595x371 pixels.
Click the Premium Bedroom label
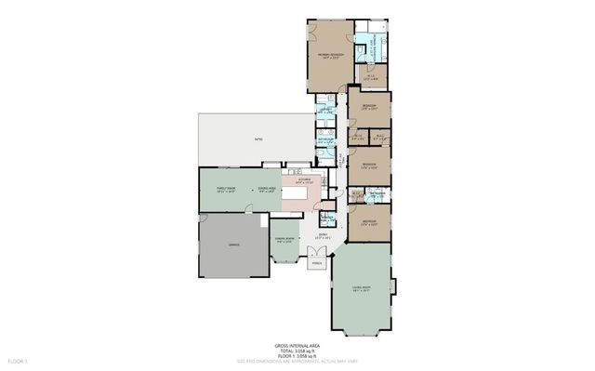[x=331, y=57]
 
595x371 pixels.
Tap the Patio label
[x=258, y=139]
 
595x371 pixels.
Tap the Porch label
[x=316, y=263]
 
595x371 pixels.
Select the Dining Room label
[x=284, y=240]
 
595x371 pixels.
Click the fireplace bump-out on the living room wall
[x=394, y=285]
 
